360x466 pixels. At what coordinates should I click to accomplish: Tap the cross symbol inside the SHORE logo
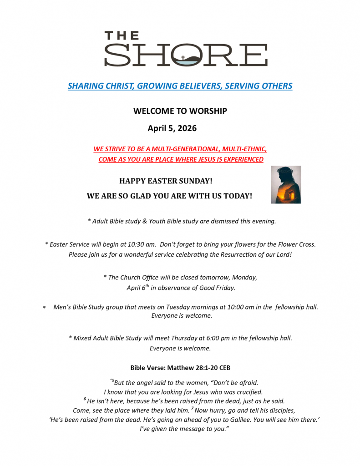pyautogui.click(x=183, y=58)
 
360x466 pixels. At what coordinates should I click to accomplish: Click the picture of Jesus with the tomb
pyautogui.click(x=286, y=184)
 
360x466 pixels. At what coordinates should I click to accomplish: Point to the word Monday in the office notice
pyautogui.click(x=244, y=277)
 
